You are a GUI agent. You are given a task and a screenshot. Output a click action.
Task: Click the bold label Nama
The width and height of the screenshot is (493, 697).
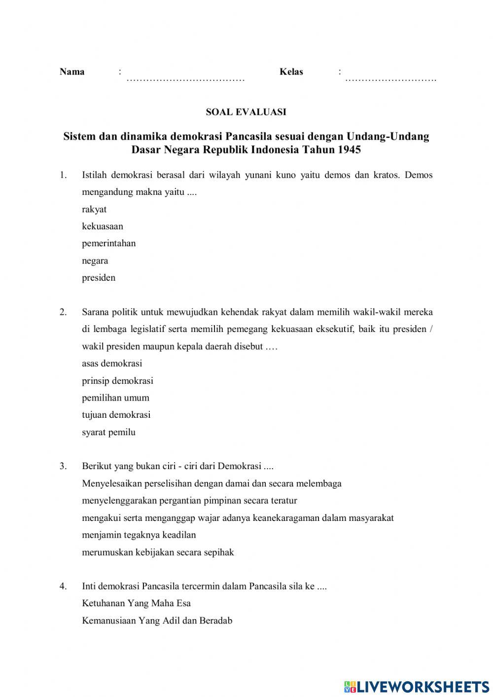coord(72,72)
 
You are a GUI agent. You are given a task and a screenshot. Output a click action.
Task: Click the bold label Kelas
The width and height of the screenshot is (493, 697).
coord(291,72)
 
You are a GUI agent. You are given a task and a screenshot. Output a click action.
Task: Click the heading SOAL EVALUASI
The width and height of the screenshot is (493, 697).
coord(246,112)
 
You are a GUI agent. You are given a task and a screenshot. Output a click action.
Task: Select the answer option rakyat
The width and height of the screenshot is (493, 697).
coord(94,209)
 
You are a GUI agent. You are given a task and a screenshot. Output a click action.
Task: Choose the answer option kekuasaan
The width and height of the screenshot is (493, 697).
coord(103,226)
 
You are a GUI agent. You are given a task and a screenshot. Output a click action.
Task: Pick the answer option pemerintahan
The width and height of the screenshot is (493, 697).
coord(108,243)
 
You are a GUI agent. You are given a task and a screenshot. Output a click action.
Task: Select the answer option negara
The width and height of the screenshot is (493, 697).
coord(95,260)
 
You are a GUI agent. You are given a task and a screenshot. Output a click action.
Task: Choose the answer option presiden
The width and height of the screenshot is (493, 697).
coord(99,278)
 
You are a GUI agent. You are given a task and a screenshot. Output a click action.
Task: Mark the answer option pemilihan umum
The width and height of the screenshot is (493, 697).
coord(115,398)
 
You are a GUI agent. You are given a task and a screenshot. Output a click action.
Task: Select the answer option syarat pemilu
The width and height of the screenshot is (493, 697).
coord(108,432)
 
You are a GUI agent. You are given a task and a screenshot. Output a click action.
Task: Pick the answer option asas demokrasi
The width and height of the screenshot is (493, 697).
coord(112,364)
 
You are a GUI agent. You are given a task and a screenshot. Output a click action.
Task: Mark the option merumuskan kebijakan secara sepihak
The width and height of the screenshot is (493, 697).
coord(158,552)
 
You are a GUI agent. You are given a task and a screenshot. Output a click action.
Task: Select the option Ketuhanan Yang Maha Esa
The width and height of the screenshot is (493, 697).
coord(136,603)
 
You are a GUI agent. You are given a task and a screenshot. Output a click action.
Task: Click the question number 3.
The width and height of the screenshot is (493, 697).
coord(63,466)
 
